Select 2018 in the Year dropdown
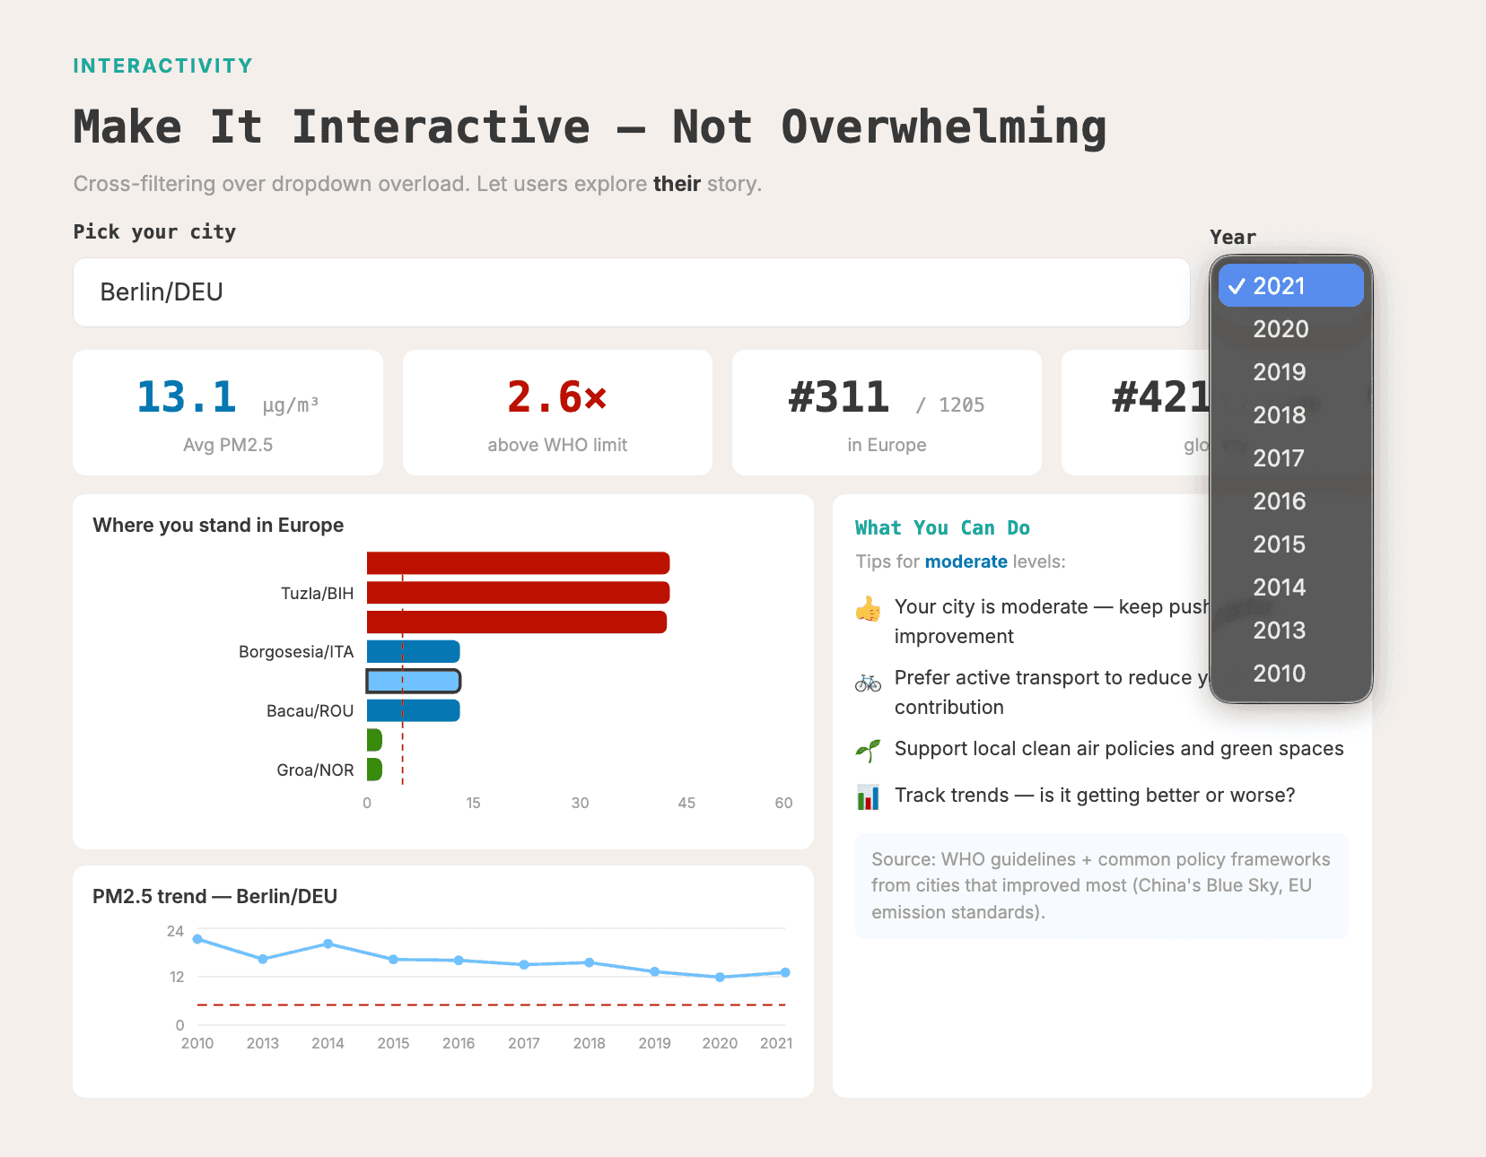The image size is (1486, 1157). point(1280,415)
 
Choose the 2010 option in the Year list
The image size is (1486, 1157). point(1280,674)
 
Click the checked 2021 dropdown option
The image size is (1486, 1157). point(1290,286)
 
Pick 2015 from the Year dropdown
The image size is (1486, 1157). point(1280,544)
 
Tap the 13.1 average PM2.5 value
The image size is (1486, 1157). point(187,397)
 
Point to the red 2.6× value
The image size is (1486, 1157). point(556,397)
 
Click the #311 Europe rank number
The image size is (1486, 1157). point(839,397)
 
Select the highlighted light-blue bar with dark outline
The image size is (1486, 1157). point(414,682)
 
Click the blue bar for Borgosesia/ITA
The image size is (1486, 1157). point(414,652)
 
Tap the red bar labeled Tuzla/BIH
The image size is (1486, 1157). point(518,593)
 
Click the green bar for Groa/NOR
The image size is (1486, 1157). point(374,770)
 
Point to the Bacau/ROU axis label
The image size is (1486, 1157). point(310,711)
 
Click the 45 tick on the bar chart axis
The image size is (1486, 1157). point(686,803)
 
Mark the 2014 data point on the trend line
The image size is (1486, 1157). point(328,944)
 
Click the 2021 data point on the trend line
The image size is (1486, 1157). point(785,972)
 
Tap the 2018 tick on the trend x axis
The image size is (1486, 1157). point(589,1043)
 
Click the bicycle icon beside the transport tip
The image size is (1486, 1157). point(868,683)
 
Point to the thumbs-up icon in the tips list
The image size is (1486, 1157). point(868,610)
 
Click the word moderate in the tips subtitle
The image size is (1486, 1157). point(966,561)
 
